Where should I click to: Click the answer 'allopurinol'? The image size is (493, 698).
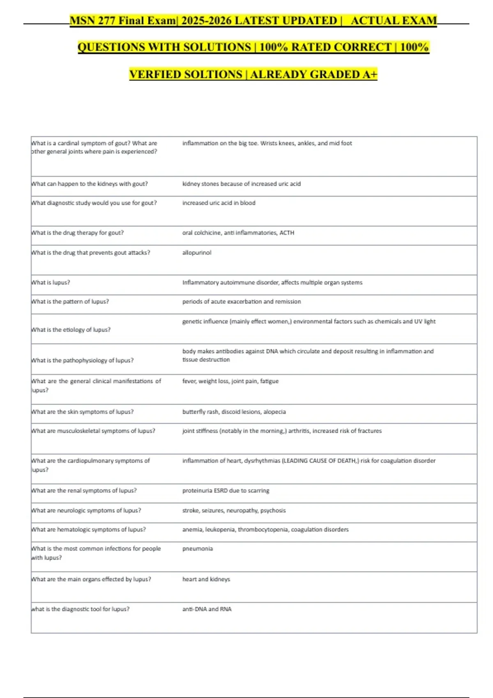click(x=197, y=253)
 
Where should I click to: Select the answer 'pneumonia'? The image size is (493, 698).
click(x=198, y=549)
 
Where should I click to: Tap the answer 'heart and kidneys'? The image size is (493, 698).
click(x=206, y=579)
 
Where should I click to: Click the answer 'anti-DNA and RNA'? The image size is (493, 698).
click(x=207, y=609)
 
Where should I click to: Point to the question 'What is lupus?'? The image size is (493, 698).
click(x=51, y=282)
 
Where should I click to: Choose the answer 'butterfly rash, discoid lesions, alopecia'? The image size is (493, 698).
click(x=234, y=411)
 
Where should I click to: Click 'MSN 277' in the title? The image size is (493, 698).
click(x=93, y=21)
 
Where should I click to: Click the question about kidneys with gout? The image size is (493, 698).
click(x=90, y=184)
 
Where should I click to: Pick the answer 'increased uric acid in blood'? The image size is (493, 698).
click(x=219, y=203)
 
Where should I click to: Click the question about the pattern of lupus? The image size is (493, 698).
click(x=70, y=301)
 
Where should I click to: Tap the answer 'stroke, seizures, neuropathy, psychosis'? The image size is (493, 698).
click(x=234, y=510)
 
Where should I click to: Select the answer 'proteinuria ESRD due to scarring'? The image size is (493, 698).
click(x=226, y=490)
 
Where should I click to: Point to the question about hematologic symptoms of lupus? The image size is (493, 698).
click(x=89, y=529)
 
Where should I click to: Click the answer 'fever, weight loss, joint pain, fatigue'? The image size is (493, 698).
click(x=230, y=381)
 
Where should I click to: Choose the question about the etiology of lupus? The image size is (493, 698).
click(x=71, y=330)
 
